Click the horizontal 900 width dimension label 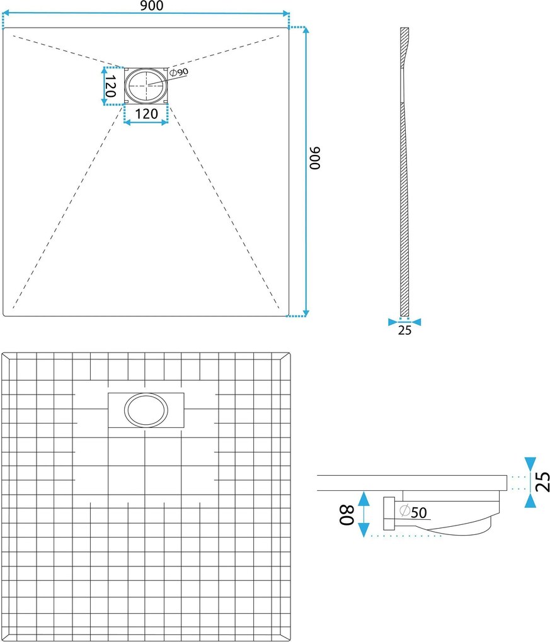click(x=151, y=6)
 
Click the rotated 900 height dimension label click(x=315, y=158)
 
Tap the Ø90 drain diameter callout click(x=179, y=72)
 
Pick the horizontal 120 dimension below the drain click(x=146, y=114)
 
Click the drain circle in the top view click(x=146, y=86)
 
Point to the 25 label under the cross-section click(x=404, y=330)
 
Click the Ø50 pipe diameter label click(x=413, y=512)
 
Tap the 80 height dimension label click(x=347, y=515)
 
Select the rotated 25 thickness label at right click(x=542, y=481)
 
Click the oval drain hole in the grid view click(x=146, y=410)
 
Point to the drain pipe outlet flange click(x=389, y=514)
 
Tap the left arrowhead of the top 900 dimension click(x=6, y=13)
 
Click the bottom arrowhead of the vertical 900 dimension click(x=306, y=313)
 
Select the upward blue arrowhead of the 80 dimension click(x=364, y=497)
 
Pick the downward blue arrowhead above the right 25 click(x=530, y=463)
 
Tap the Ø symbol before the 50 click(x=405, y=510)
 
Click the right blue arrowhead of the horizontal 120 click(x=165, y=122)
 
